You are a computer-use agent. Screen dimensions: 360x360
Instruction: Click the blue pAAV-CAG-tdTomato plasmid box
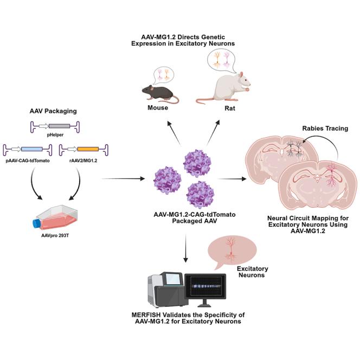32,147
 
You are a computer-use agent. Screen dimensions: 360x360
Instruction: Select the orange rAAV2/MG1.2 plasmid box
87,147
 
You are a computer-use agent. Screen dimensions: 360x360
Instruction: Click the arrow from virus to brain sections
228,177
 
